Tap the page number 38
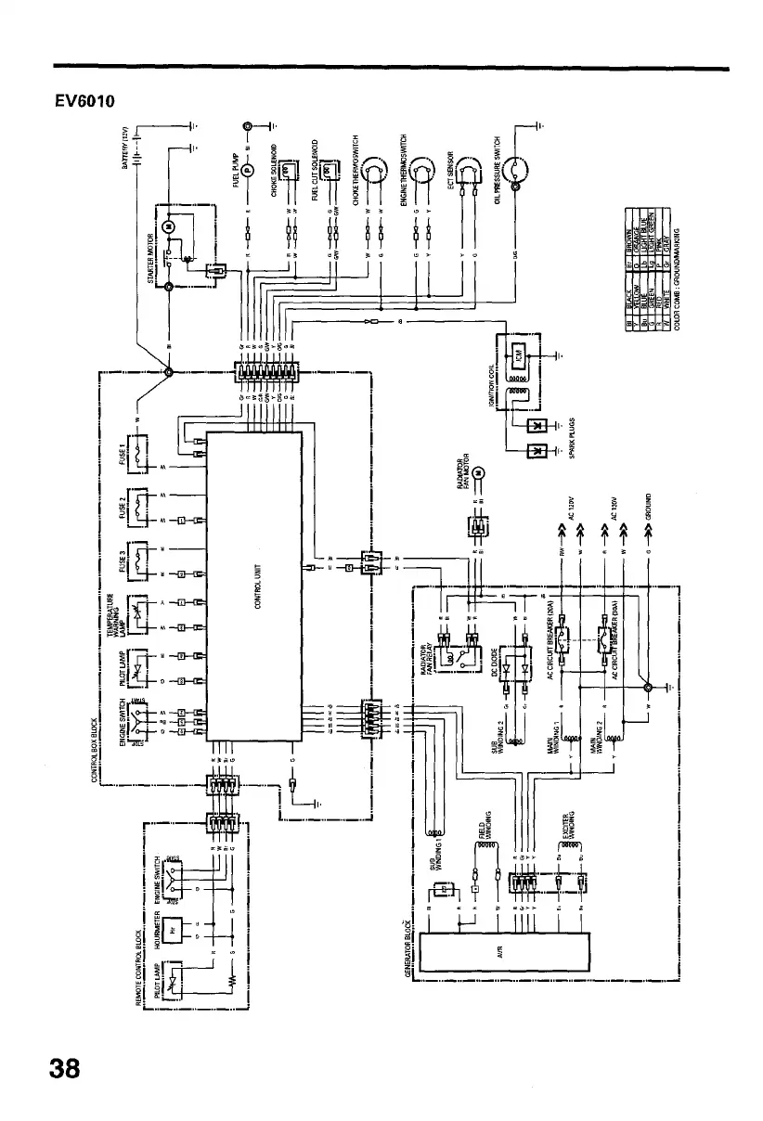pyautogui.click(x=65, y=1069)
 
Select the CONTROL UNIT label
pyautogui.click(x=257, y=586)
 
